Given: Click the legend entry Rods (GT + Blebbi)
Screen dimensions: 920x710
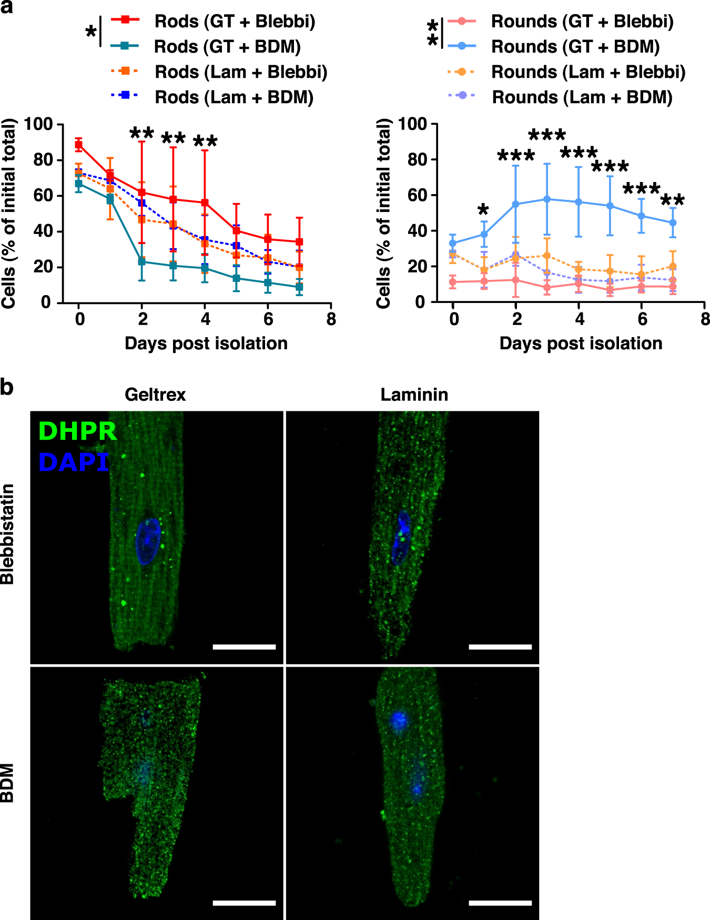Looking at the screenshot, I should tap(234, 22).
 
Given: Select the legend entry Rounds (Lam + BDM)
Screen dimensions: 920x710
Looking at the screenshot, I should tap(582, 97).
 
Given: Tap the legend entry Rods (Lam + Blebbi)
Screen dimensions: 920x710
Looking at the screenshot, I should tap(240, 72).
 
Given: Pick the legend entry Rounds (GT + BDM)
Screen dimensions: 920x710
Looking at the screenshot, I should tap(575, 47).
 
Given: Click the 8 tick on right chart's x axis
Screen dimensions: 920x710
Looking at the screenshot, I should tap(705, 319).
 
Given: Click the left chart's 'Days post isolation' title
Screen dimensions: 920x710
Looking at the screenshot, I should tap(206, 343).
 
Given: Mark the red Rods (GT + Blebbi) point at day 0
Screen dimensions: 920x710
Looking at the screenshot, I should tap(78, 145).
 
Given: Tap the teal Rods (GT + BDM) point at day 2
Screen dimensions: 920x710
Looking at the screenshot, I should tap(141, 261).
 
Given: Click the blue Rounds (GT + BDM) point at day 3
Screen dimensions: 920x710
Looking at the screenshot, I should tap(547, 199).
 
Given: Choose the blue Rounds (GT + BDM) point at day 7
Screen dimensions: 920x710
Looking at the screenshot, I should tap(673, 223).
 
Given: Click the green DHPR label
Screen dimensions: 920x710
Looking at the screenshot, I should tap(77, 431).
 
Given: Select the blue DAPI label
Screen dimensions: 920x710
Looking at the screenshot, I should tap(74, 462).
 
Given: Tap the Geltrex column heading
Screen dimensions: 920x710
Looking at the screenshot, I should tap(155, 395).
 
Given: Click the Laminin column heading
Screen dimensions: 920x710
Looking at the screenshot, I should tap(414, 395).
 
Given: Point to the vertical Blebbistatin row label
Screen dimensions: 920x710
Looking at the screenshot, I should tap(7, 534).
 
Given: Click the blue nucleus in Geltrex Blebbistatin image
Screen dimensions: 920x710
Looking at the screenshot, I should tap(148, 541).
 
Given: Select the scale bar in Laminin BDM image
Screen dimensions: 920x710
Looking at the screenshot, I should tap(500, 903).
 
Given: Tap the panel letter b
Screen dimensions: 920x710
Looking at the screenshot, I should tap(7, 388).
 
